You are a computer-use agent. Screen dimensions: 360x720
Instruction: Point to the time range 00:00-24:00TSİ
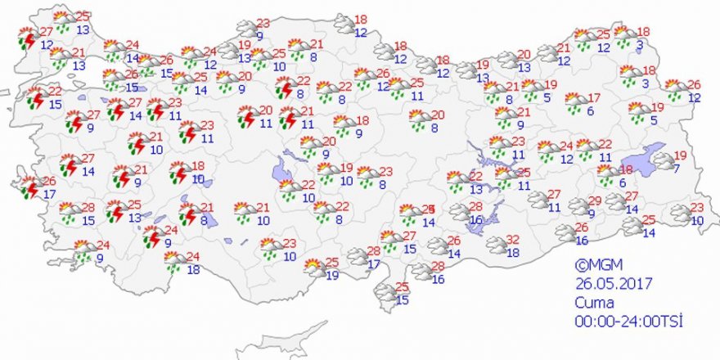coord(628,320)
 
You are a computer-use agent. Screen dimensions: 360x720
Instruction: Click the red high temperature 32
coord(514,240)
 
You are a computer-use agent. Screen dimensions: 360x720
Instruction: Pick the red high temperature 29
coord(596,201)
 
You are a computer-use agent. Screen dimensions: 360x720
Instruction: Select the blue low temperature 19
coord(332,276)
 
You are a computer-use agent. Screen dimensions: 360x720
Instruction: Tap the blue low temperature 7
coord(676,169)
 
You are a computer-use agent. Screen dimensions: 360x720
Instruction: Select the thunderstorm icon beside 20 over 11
coord(246,117)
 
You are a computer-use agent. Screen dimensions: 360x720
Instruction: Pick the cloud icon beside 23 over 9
coord(245,29)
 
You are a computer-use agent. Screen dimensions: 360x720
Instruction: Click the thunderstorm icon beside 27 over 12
coord(28,38)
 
